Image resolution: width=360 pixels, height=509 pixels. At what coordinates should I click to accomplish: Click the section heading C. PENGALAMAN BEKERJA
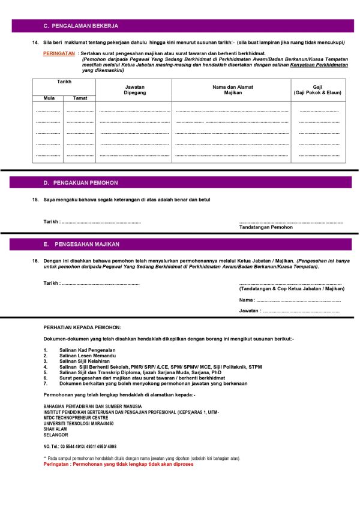80,26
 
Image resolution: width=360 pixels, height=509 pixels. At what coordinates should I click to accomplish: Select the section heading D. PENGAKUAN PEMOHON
80,182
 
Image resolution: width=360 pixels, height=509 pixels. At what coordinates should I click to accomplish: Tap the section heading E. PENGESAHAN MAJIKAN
82,245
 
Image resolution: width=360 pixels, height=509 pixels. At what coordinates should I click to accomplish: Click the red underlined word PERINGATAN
59,53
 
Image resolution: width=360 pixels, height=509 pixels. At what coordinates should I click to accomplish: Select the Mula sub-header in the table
48,98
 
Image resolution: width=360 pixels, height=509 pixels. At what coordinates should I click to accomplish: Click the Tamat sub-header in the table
80,98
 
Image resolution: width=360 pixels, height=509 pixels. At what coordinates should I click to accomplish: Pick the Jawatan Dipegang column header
134,90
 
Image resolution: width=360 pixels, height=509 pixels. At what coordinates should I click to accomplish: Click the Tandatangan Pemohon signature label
266,228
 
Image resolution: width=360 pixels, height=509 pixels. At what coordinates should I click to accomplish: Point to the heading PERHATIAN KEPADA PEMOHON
82,327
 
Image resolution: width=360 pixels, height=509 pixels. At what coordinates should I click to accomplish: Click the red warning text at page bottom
118,464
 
